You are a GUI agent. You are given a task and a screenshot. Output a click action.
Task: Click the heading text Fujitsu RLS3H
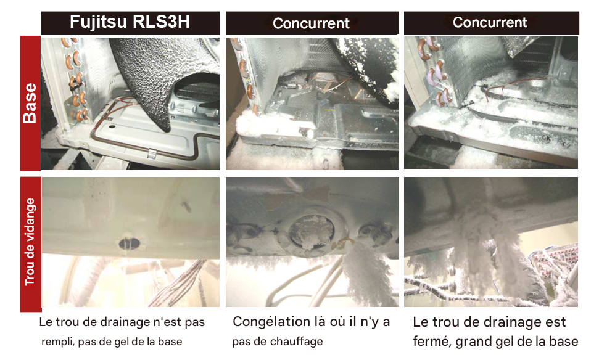(130, 22)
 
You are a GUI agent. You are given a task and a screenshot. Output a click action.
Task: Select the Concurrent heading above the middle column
(311, 23)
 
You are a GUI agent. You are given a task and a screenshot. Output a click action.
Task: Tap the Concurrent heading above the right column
(490, 22)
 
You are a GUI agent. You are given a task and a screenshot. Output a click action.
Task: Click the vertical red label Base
(30, 103)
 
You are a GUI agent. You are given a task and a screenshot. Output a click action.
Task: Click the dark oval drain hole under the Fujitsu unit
(130, 243)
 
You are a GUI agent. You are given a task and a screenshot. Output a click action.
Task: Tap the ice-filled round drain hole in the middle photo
(311, 233)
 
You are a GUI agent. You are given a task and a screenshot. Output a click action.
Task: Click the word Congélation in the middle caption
(268, 322)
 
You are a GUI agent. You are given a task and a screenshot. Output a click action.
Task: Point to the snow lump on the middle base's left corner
(249, 124)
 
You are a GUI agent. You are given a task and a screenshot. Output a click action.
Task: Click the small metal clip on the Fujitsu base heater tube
(152, 153)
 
